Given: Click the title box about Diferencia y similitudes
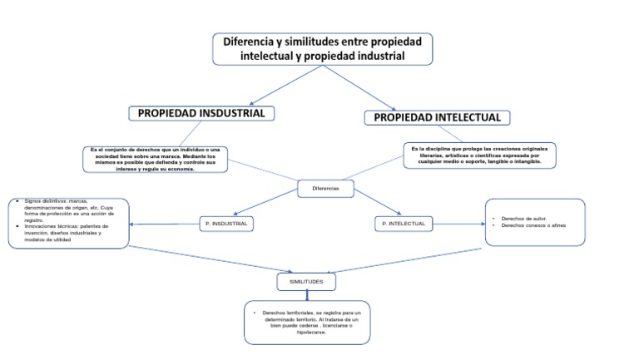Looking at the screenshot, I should (x=322, y=48).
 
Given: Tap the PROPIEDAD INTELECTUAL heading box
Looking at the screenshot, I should (x=437, y=117).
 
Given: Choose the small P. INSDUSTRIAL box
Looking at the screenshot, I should (x=226, y=224).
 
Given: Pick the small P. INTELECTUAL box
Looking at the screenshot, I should (x=404, y=224).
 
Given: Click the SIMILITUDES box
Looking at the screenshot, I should (x=306, y=283).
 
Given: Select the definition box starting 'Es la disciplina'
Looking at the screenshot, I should (x=479, y=155).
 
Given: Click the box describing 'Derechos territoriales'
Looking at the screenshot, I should (x=307, y=323).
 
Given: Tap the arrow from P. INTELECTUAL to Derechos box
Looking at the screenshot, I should (x=458, y=223).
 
